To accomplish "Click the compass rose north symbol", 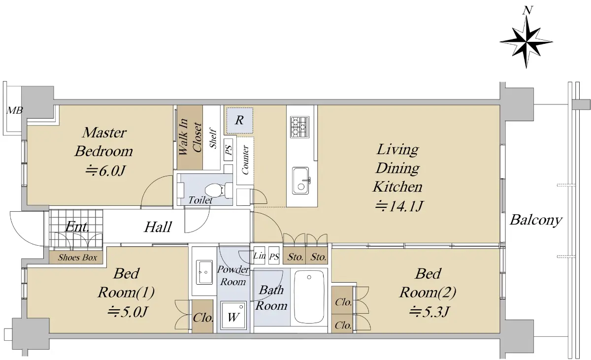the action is pyautogui.click(x=526, y=42).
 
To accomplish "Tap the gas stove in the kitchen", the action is pyautogui.click(x=300, y=127).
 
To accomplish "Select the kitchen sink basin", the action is pyautogui.click(x=301, y=181).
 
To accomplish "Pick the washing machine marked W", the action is pyautogui.click(x=233, y=315).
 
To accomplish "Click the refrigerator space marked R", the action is pyautogui.click(x=239, y=120).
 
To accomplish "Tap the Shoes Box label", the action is pyautogui.click(x=78, y=258).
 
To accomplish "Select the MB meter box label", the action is pyautogui.click(x=14, y=110).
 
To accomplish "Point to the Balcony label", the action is pyautogui.click(x=536, y=220).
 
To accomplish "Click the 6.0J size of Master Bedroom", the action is pyautogui.click(x=105, y=171).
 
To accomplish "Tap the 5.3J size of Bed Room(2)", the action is pyautogui.click(x=429, y=312).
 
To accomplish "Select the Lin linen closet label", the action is pyautogui.click(x=259, y=256).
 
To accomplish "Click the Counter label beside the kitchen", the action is pyautogui.click(x=245, y=160).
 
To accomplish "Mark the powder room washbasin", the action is pyautogui.click(x=204, y=272).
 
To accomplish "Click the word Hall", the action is pyautogui.click(x=158, y=227).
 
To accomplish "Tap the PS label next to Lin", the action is pyautogui.click(x=274, y=257).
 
